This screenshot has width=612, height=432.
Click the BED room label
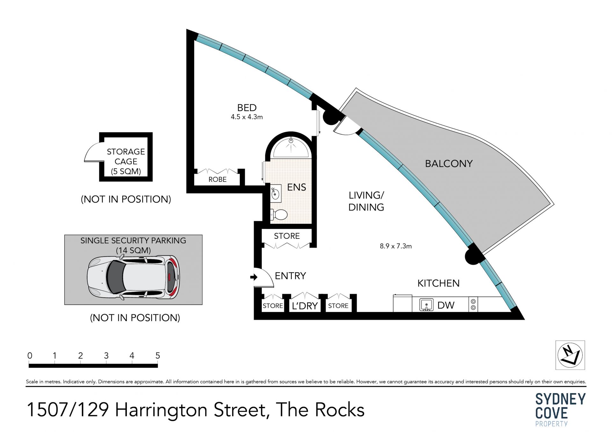click(247, 108)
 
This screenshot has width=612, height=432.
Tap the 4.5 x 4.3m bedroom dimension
click(247, 117)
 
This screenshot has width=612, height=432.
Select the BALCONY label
click(448, 164)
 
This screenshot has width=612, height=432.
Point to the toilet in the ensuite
click(279, 215)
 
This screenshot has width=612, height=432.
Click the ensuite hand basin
click(275, 193)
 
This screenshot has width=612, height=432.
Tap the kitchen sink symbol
click(426, 305)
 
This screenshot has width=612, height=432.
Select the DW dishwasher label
click(446, 305)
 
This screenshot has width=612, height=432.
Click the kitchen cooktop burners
click(473, 305)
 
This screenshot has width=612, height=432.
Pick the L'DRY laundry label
click(305, 306)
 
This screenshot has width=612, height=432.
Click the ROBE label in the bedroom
click(217, 180)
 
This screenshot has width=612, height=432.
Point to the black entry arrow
click(254, 277)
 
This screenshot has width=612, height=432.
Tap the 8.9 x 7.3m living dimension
click(396, 246)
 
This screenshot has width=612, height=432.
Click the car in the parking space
click(134, 278)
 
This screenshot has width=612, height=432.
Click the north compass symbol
click(570, 355)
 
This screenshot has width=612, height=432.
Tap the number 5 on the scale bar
click(157, 356)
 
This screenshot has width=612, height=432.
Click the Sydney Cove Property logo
click(560, 409)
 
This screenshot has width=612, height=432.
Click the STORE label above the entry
click(287, 236)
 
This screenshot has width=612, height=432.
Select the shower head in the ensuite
click(291, 140)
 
